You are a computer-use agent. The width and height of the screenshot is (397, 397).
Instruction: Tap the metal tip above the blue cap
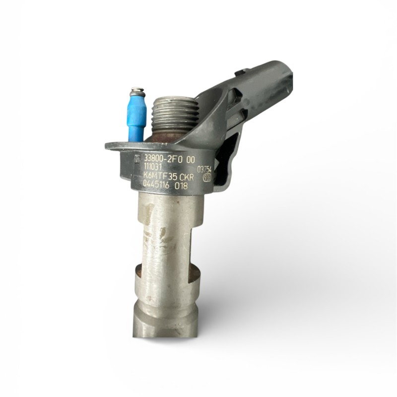tap(137, 92)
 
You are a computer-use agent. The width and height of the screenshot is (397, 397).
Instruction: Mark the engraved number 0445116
tap(160, 185)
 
